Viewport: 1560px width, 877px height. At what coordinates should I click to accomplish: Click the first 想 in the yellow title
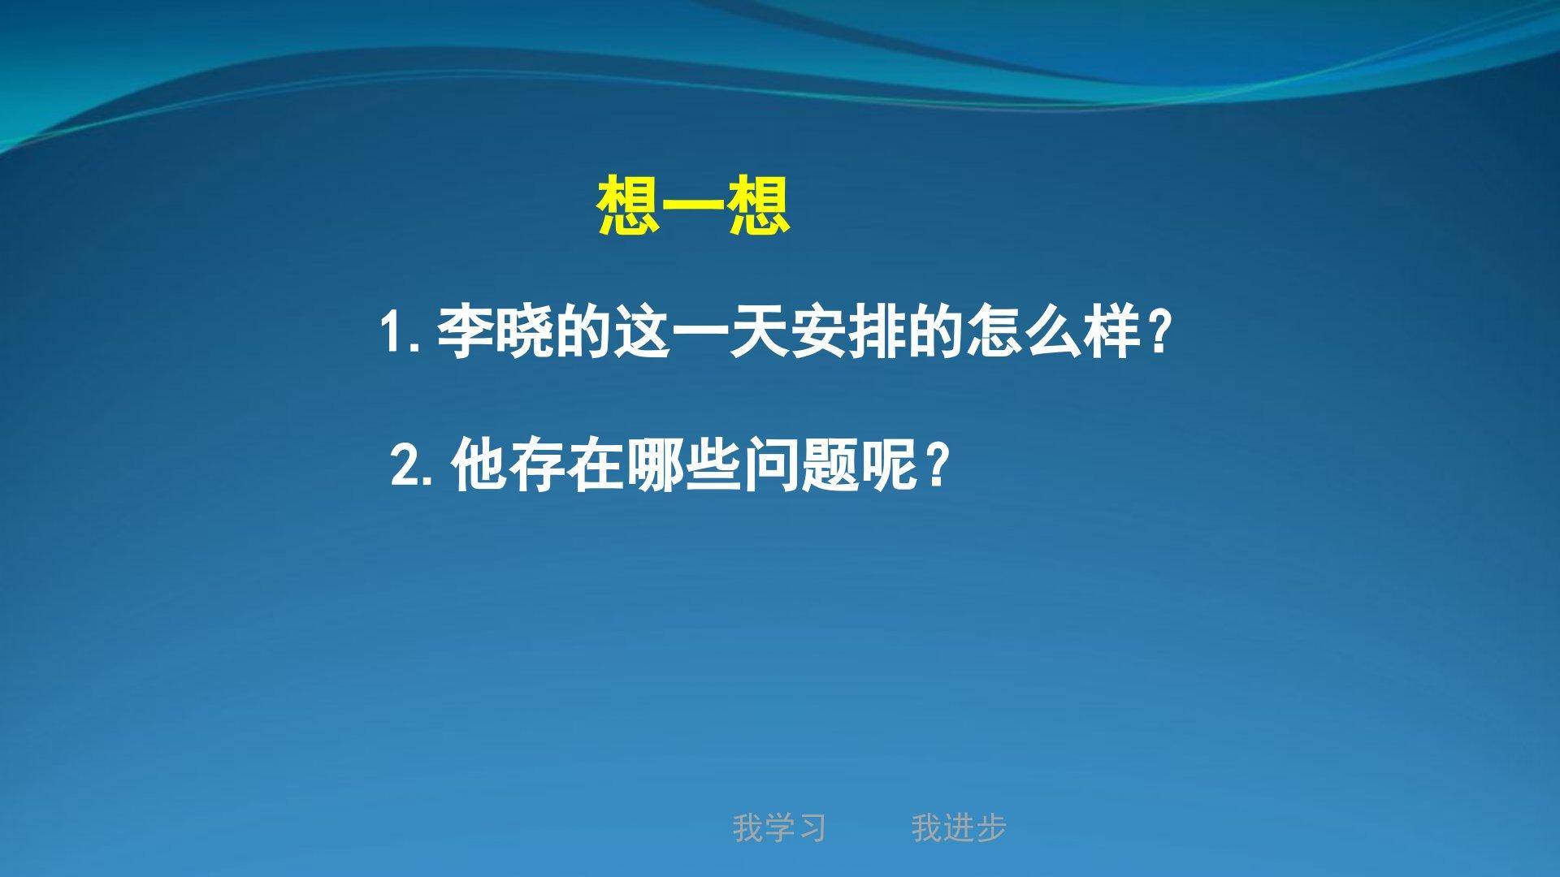click(x=627, y=207)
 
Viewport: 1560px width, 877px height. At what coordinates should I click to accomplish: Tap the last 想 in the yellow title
click(x=758, y=207)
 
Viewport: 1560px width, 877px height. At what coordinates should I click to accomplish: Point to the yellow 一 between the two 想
click(x=693, y=207)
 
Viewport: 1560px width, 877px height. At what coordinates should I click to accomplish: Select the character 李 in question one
click(x=466, y=331)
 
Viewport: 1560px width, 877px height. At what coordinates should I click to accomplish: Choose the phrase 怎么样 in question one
click(x=1051, y=331)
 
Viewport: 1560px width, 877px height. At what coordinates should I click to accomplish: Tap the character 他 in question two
click(x=479, y=464)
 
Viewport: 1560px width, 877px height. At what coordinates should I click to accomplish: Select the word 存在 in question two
click(x=567, y=464)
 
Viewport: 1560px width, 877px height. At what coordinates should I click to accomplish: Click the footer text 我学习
click(x=779, y=828)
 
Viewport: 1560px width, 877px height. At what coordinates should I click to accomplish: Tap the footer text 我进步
click(x=959, y=828)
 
